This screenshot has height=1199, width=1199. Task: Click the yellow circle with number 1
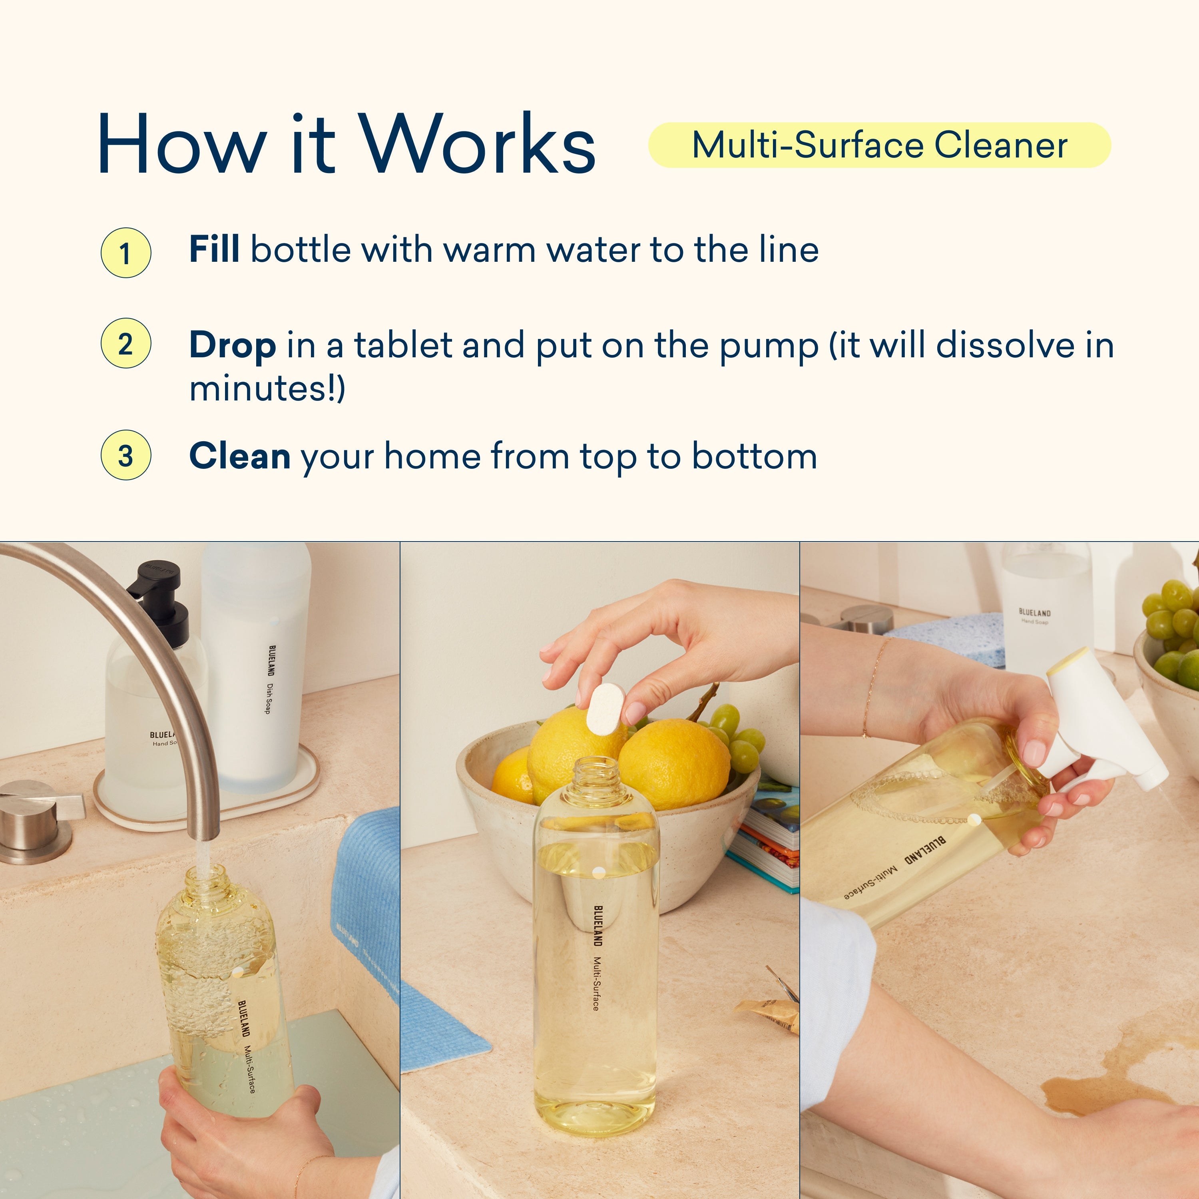pos(125,253)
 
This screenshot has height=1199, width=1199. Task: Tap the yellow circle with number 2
pos(125,344)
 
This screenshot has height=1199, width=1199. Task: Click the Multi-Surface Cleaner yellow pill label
pos(879,145)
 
